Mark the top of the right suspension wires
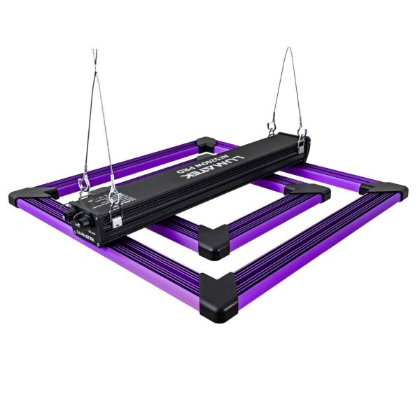click(287, 50)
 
